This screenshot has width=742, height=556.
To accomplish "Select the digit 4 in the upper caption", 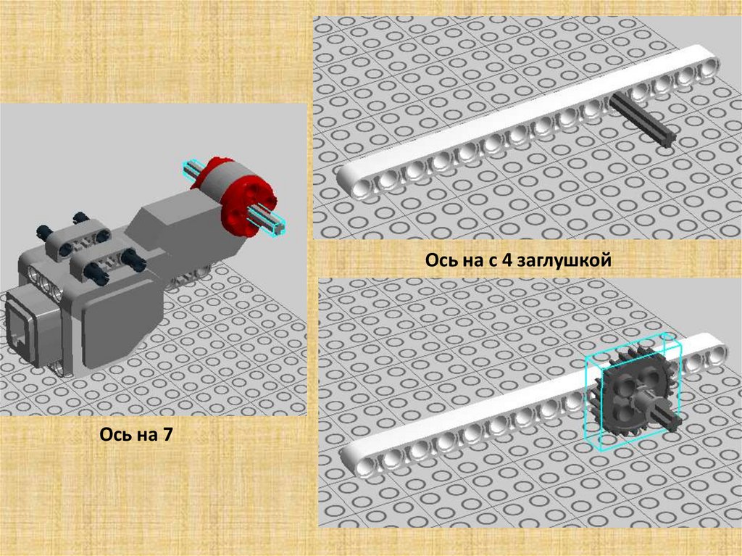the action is [x=505, y=260].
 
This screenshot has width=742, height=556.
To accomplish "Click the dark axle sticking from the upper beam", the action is [x=642, y=120].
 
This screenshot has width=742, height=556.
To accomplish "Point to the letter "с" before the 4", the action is [x=490, y=262].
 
